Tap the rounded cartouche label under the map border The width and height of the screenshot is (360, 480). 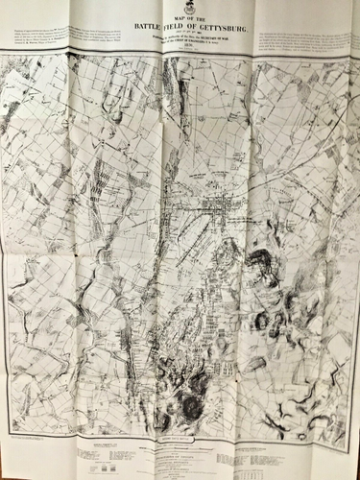coord(180,435)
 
